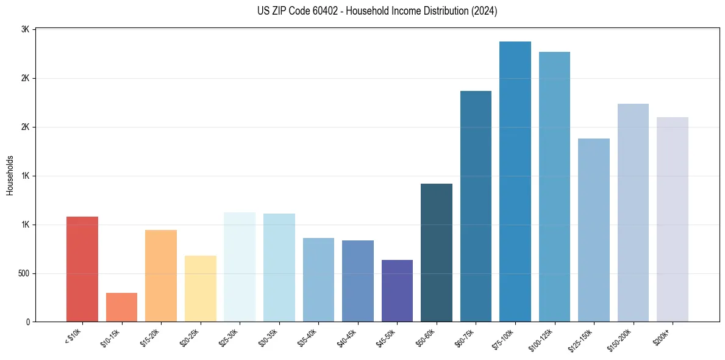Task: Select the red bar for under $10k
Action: click(82, 269)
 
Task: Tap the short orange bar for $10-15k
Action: click(121, 307)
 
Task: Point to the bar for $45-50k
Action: click(397, 290)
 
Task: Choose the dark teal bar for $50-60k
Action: click(437, 253)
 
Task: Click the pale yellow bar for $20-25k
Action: click(200, 289)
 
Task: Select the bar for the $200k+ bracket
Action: click(673, 219)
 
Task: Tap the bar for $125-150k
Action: click(594, 230)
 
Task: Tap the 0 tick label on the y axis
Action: click(28, 322)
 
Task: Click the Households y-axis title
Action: click(10, 175)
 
